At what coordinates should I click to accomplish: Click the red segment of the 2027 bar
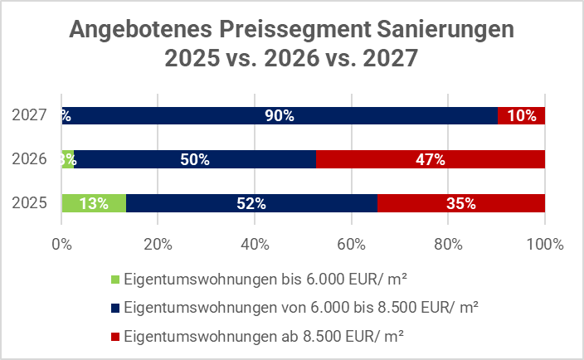tap(521, 116)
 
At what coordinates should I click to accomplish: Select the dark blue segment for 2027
tap(280, 116)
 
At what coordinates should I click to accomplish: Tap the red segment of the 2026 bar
tap(431, 159)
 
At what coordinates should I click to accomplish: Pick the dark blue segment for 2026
tap(195, 159)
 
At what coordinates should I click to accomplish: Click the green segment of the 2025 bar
tap(94, 203)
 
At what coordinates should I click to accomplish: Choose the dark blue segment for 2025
tap(251, 203)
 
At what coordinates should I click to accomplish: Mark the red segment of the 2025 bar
tap(461, 203)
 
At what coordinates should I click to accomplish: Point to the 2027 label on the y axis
tap(29, 116)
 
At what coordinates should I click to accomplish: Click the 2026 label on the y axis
tap(29, 159)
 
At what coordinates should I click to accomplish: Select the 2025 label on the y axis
tap(29, 203)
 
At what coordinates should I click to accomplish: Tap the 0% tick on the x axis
tap(61, 245)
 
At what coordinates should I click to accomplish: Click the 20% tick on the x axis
tap(158, 245)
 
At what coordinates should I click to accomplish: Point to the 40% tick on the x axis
tap(255, 245)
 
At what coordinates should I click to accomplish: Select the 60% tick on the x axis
tap(351, 245)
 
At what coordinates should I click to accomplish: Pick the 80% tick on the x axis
tap(448, 245)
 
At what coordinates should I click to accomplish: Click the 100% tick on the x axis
tap(543, 245)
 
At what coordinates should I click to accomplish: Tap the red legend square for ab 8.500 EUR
tap(114, 337)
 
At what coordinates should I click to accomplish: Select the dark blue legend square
tap(114, 309)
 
